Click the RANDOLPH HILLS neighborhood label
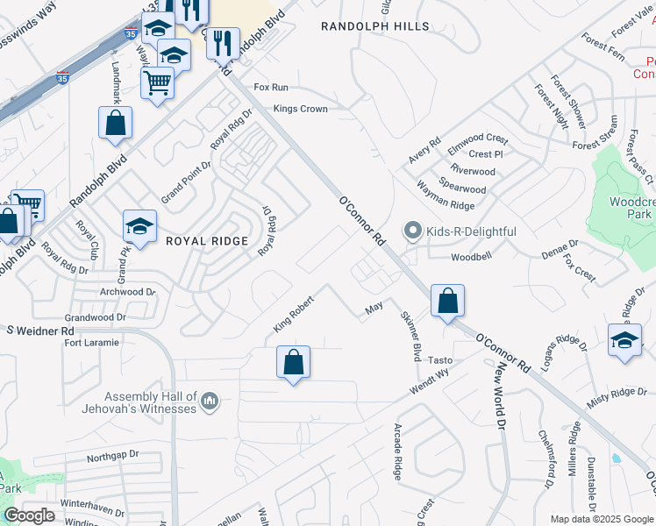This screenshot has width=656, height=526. [x=375, y=26]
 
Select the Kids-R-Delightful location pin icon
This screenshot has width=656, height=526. [x=413, y=231]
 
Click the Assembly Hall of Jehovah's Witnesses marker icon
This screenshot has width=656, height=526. [x=209, y=402]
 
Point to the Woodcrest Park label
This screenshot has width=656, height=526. [x=632, y=207]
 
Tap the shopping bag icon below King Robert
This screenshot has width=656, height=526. [x=294, y=362]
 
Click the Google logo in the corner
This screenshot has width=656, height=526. [x=29, y=515]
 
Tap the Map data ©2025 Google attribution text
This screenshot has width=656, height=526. [x=603, y=519]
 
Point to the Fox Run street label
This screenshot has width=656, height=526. [x=271, y=88]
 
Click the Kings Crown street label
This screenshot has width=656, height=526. [x=300, y=109]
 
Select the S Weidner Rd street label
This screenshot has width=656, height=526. [x=41, y=331]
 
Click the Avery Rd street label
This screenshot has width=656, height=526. [x=424, y=151]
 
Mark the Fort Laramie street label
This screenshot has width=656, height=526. [x=90, y=343]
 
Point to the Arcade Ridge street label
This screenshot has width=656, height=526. [x=397, y=451]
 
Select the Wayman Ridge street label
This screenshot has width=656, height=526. [x=446, y=206]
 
